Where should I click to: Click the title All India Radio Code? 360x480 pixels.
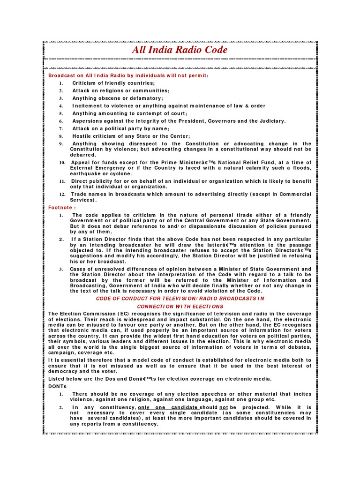(180, 50)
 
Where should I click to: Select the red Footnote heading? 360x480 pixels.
(62, 207)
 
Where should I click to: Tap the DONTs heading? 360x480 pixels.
(58, 386)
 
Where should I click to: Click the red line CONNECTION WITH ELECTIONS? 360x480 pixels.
(180, 307)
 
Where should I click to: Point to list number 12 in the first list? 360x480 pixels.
(62, 194)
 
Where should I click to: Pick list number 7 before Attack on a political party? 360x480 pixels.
(61, 128)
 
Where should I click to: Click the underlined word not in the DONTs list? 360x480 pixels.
(224, 407)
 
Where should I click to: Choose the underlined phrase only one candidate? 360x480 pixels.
(168, 407)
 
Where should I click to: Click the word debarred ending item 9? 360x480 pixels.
(83, 155)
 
